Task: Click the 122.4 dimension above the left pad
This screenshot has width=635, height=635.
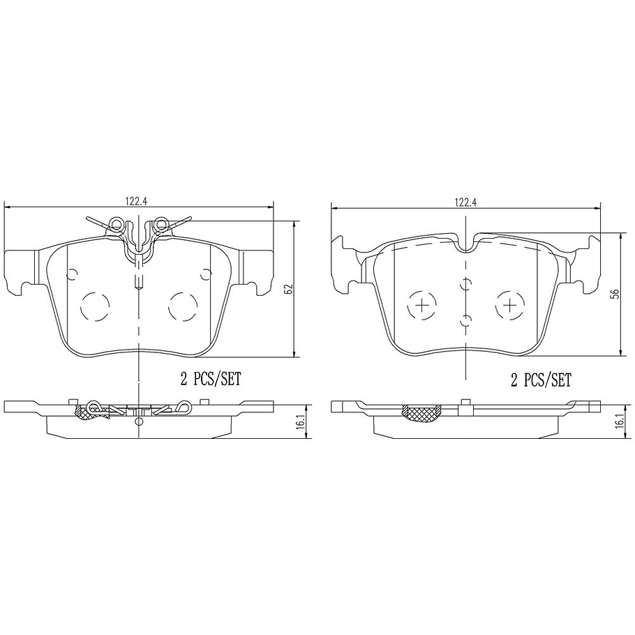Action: pos(137,201)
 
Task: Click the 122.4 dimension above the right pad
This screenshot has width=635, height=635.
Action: pos(465,202)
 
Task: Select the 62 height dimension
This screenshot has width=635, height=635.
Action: pos(288,288)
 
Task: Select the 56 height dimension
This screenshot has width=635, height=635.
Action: pos(614,294)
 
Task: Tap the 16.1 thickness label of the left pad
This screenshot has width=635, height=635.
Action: pos(300,422)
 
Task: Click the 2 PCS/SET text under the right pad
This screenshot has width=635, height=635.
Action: pos(541,380)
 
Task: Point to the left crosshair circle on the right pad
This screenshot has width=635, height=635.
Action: pos(421,304)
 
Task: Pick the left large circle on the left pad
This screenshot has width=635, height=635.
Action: pos(96,304)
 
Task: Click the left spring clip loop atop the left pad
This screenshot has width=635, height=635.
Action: pos(117,225)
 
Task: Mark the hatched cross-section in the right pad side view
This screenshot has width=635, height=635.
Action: pos(423,412)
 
